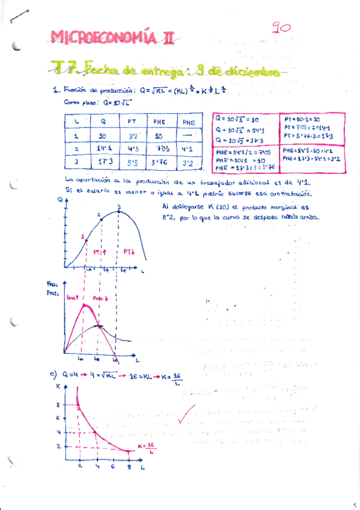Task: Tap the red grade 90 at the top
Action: coord(281,28)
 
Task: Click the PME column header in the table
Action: coord(159,122)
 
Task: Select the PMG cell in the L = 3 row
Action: coord(188,162)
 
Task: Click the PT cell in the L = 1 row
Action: coord(133,136)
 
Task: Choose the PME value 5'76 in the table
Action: coord(159,162)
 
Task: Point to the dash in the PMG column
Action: coord(188,136)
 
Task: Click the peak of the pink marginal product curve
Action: coord(86,306)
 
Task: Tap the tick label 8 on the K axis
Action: coord(74,404)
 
